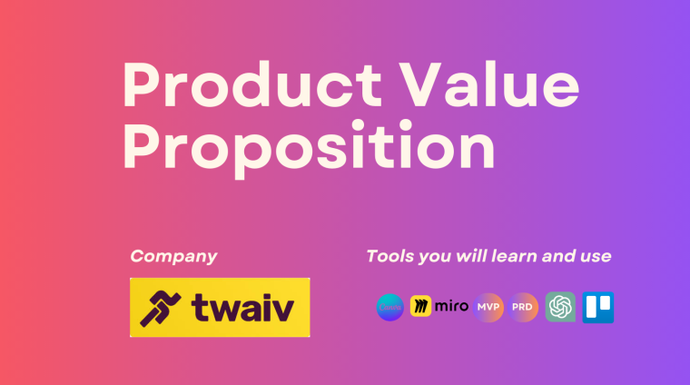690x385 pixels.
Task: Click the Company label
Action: pos(173,256)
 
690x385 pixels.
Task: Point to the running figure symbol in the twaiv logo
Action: pos(160,308)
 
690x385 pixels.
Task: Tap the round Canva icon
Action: pos(390,308)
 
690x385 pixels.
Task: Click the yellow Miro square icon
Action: pos(420,307)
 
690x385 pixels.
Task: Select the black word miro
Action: pos(451,307)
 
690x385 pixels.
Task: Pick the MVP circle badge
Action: pos(488,307)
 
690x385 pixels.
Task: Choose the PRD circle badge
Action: pos(524,307)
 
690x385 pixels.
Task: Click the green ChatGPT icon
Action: pos(560,307)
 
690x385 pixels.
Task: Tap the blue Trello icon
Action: pos(598,307)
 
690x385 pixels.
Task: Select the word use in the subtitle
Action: pos(595,256)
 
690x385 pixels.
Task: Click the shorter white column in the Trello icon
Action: pos(606,303)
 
